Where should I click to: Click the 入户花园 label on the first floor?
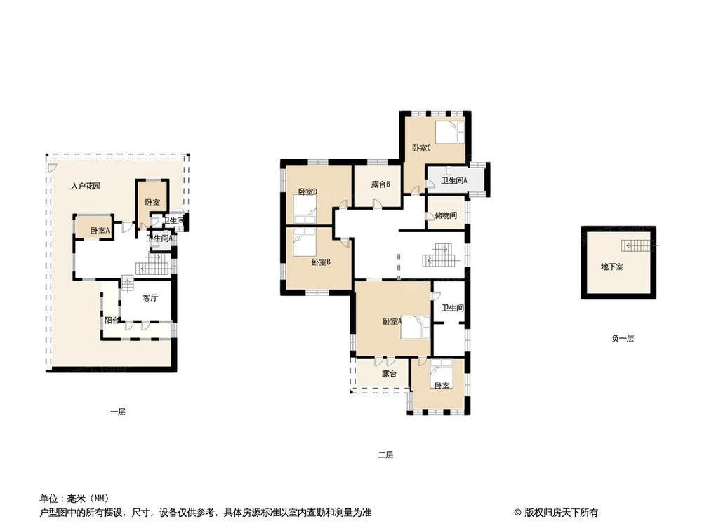[x=85, y=186]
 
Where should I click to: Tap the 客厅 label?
[x=150, y=298]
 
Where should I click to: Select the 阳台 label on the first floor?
[x=112, y=321]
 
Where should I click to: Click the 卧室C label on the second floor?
[x=421, y=148]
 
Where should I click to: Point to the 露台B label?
[x=380, y=184]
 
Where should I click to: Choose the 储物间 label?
[x=446, y=215]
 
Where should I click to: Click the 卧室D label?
[x=307, y=192]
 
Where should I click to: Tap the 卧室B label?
[x=321, y=262]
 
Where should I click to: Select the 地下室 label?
[x=612, y=267]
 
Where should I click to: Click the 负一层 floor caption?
[x=623, y=339]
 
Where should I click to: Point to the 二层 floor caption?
[x=385, y=455]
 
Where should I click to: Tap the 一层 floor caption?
[x=118, y=412]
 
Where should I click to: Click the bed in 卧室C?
[x=451, y=132]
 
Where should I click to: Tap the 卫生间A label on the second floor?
[x=454, y=181]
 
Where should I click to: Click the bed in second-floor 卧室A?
[x=415, y=328]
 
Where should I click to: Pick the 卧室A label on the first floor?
[x=100, y=231]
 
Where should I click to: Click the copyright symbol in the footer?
[x=517, y=513]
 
